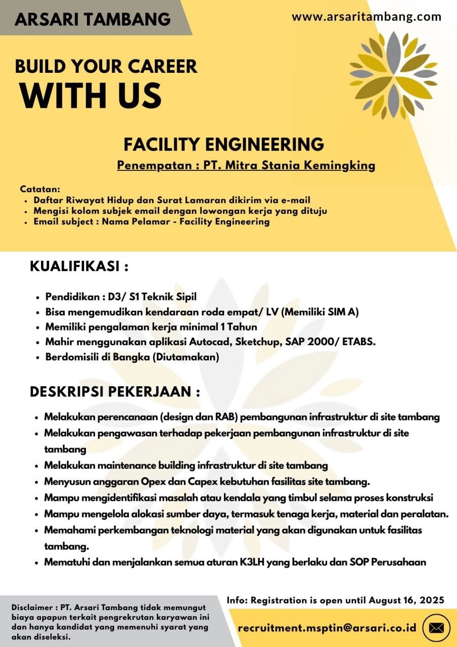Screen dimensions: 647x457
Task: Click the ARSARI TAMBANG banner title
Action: pos(93,19)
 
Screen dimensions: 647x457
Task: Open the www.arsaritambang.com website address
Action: pos(367,17)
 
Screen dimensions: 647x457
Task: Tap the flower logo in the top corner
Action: pos(393,75)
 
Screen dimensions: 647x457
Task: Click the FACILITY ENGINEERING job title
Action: pos(223,145)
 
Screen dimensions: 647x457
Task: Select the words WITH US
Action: pos(91,95)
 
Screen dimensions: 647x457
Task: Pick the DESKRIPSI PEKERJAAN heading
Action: pos(115,392)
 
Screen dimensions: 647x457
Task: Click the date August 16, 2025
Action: pos(406,600)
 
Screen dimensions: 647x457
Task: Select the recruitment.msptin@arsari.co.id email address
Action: pos(327,628)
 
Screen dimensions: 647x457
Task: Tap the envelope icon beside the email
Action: pos(436,628)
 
